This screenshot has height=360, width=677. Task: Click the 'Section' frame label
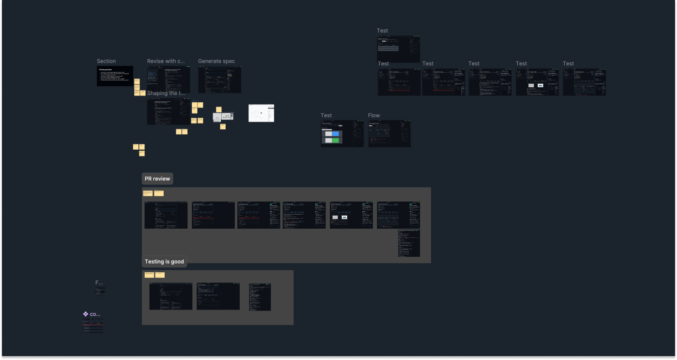coord(106,61)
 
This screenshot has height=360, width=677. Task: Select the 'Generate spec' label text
coord(216,61)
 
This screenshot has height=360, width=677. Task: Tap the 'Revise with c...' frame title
coord(166,61)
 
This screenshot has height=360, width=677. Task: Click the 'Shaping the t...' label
coord(166,93)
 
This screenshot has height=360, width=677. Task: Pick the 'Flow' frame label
coord(374,115)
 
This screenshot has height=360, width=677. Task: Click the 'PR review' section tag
coord(157,179)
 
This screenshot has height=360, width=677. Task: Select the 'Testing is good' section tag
coord(164,262)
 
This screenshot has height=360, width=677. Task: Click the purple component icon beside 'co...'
coord(86,314)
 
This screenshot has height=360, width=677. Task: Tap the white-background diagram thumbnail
coord(261,113)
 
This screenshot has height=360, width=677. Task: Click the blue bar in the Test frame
coord(332,134)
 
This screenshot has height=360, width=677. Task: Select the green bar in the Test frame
coord(332,141)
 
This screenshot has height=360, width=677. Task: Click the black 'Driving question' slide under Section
coord(115,76)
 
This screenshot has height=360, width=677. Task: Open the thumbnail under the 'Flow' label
coord(389,134)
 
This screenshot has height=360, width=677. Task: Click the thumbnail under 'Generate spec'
coord(219,80)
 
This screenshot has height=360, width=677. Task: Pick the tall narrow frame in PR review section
coord(409,243)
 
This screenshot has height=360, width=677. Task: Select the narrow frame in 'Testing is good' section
coord(260,297)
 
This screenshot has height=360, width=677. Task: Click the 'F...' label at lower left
coord(99,282)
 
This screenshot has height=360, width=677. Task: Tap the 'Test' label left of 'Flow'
coord(326,115)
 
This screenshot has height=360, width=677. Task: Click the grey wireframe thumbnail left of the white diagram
coord(223,116)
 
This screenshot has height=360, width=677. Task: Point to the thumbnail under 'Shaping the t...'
coord(169,112)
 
